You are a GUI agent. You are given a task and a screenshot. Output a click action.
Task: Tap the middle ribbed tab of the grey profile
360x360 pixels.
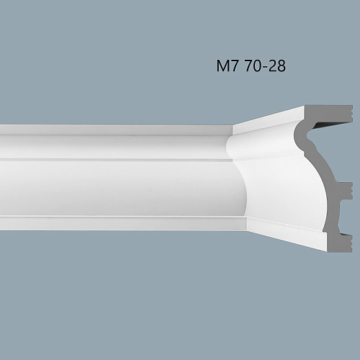click(347, 189)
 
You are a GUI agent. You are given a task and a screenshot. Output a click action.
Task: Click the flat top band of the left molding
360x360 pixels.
click(108, 130)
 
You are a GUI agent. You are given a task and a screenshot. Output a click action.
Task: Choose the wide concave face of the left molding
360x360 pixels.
click(108, 187)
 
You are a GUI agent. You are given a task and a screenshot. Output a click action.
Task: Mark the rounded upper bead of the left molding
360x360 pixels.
click(108, 148)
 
